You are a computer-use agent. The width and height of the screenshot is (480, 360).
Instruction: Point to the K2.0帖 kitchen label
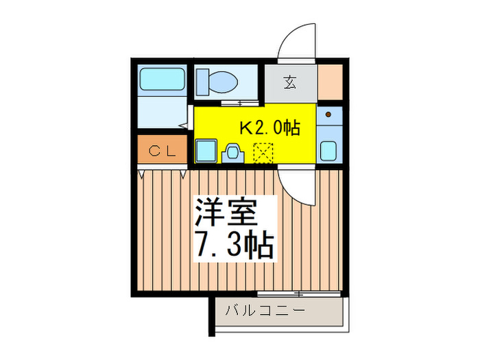point(269,128)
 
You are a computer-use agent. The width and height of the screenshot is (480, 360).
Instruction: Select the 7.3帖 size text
point(233,245)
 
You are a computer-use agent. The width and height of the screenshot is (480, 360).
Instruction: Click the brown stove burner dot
point(328,114)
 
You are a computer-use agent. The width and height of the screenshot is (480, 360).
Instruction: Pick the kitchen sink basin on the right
point(329,150)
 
